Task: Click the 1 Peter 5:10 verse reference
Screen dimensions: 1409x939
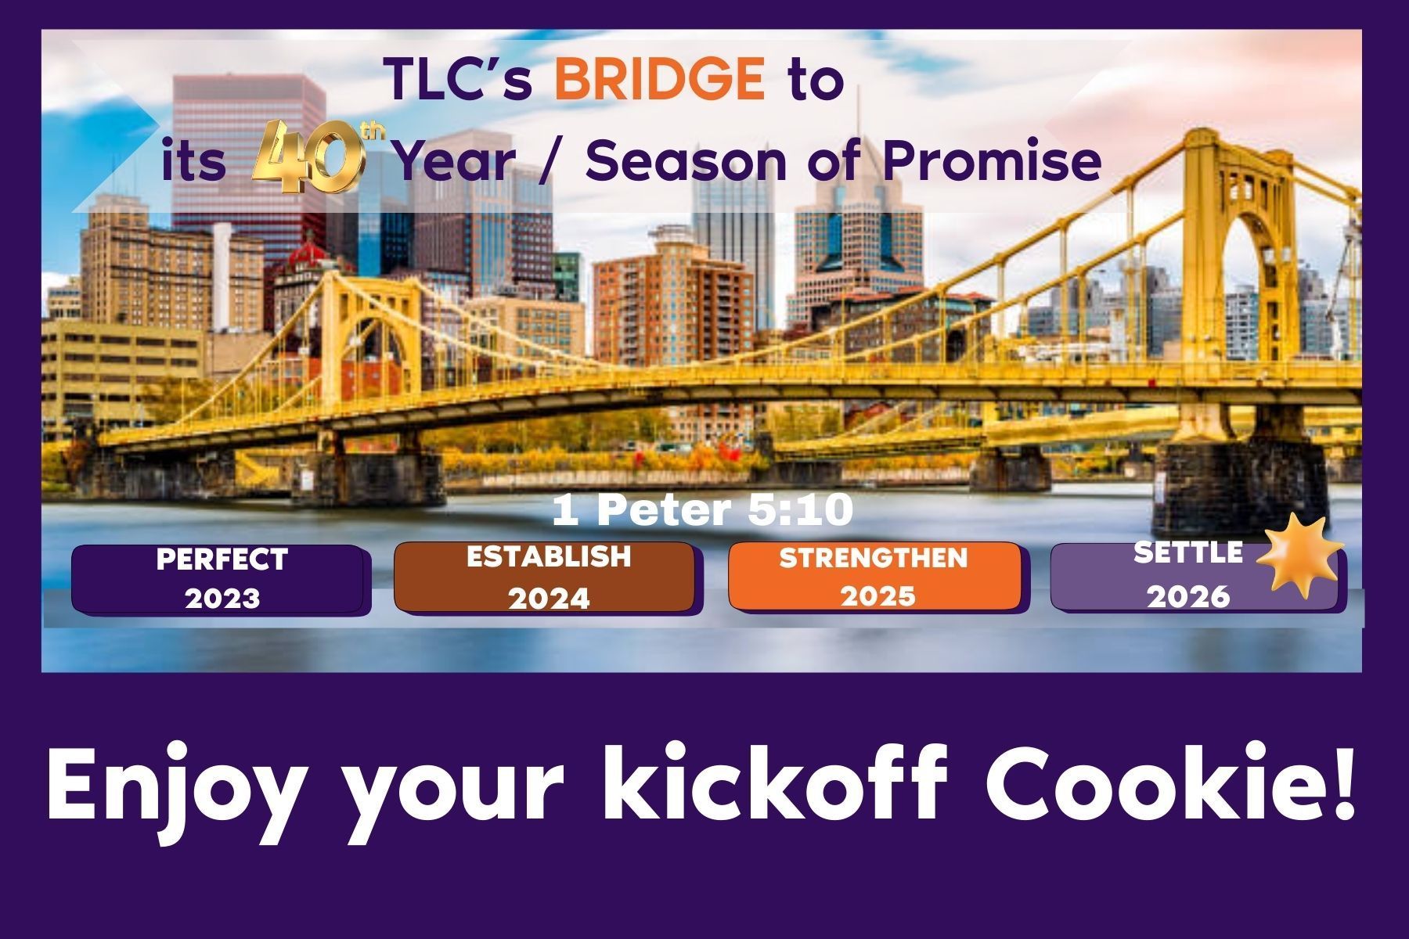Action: click(702, 510)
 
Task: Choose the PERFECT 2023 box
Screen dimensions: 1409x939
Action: click(221, 580)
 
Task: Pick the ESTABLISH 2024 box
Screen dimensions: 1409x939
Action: click(548, 578)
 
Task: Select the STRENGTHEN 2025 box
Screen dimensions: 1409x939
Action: click(877, 577)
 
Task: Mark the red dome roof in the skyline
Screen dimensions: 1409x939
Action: click(308, 255)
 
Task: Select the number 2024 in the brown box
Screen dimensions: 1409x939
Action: click(549, 599)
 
